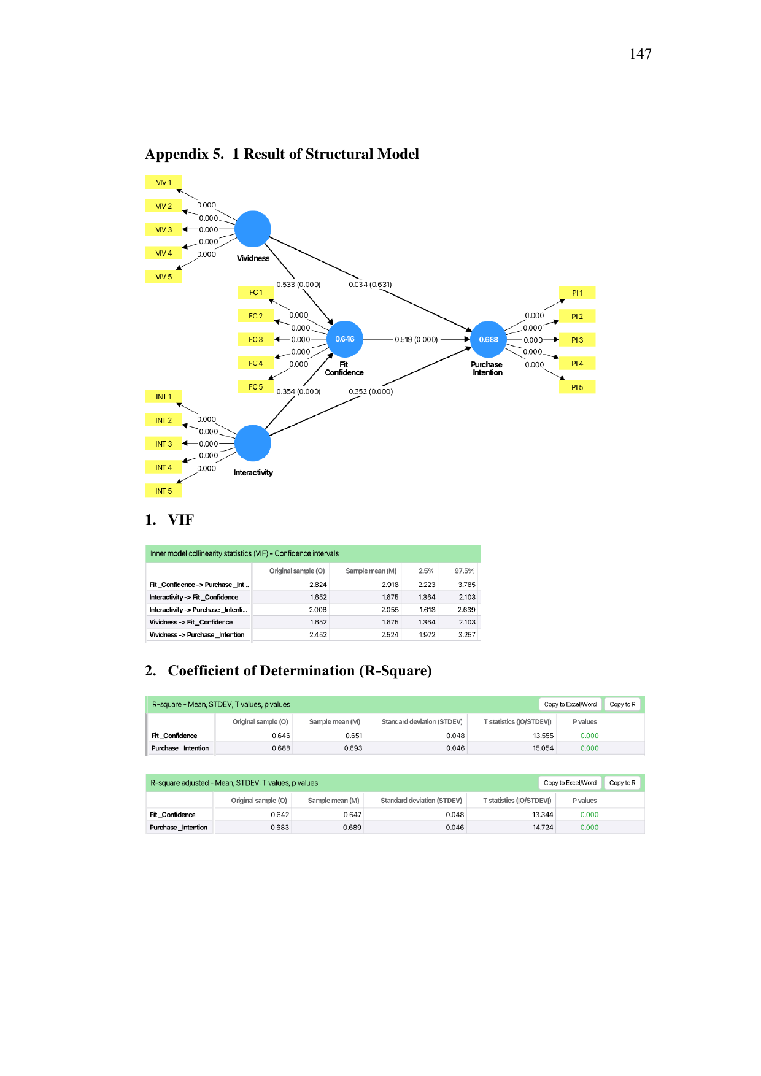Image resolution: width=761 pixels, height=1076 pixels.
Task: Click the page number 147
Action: coord(640,54)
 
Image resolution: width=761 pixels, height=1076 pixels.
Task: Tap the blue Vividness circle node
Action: coord(253,229)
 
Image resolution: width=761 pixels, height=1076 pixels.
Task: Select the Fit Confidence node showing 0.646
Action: coord(345,339)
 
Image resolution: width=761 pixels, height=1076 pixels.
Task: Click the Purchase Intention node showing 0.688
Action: coord(489,339)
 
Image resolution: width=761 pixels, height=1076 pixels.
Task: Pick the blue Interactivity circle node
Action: coord(253,443)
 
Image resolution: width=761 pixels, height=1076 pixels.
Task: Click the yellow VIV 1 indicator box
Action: coord(164,182)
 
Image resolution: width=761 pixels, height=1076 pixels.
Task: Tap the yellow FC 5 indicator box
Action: coord(256,386)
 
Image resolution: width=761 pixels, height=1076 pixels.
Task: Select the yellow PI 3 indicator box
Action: coord(578,340)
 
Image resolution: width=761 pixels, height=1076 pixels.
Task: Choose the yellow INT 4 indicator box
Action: coord(164,467)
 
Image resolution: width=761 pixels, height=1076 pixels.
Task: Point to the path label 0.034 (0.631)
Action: coord(370,285)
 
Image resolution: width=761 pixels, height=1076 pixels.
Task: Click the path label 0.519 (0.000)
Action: coord(416,339)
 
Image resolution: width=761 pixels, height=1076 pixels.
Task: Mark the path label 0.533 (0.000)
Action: coord(298,285)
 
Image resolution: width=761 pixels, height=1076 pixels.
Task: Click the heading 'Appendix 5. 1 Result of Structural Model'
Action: coord(282,154)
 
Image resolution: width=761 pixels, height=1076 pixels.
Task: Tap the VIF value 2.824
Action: coord(318,585)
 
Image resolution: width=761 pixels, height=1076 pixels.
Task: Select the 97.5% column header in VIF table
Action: coord(464,571)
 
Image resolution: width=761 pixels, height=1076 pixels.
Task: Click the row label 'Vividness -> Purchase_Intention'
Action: coord(197,635)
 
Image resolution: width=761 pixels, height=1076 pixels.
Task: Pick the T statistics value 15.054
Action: coord(543,748)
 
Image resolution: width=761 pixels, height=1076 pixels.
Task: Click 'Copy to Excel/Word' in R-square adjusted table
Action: coord(570,783)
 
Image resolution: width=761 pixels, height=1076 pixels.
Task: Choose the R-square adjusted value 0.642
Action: coord(280,815)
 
